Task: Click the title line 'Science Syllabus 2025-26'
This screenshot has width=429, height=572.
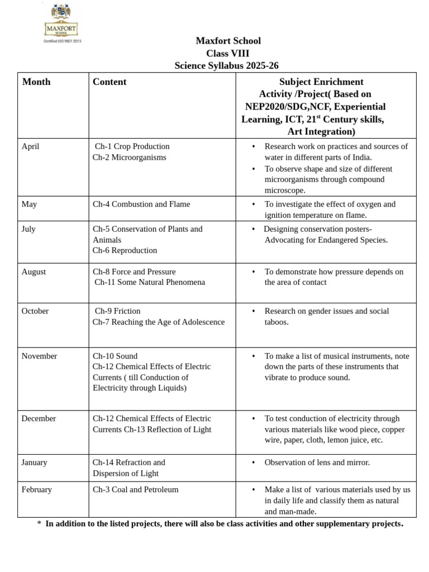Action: point(226,66)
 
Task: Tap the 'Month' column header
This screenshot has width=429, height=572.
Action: point(36,82)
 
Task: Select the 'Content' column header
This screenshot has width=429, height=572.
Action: point(109,82)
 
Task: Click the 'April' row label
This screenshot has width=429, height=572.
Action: point(31,146)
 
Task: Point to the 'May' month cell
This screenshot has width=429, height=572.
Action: point(29,204)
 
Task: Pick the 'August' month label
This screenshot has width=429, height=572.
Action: point(34,272)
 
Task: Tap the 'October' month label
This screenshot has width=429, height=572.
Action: point(35,311)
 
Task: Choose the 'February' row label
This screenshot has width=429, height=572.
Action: point(36,490)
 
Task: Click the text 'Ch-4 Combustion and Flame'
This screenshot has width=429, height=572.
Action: point(141,204)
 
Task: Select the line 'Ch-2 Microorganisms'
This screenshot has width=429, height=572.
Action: point(130,158)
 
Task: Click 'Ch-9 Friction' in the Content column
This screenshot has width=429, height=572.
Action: point(117,311)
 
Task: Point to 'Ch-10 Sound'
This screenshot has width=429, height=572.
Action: point(115,356)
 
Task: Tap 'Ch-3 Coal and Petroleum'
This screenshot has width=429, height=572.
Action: point(136,490)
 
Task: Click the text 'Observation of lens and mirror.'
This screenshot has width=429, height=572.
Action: point(317,463)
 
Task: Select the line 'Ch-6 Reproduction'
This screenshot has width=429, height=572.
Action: point(125,251)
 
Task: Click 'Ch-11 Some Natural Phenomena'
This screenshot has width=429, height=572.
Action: point(150,283)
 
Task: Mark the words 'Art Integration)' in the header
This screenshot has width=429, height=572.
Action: point(321,132)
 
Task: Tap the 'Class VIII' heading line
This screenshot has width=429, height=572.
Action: point(228,54)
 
